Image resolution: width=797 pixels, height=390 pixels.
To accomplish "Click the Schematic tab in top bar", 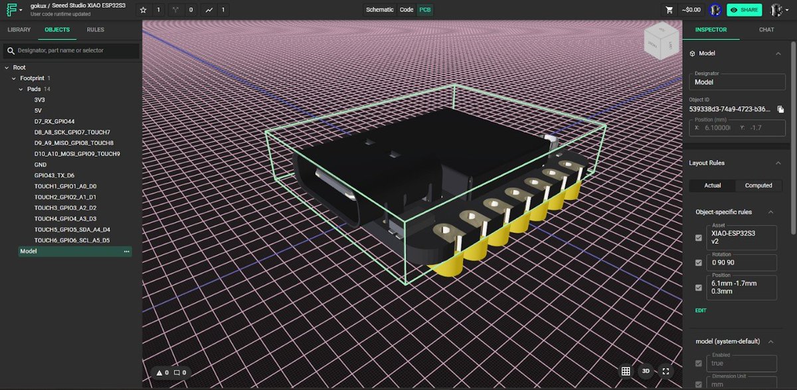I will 379,10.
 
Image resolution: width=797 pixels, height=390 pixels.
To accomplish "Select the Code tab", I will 406,10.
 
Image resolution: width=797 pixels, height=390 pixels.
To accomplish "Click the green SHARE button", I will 744,10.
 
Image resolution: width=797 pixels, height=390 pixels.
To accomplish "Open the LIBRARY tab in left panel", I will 19,30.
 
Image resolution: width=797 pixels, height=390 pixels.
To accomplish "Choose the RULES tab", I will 95,30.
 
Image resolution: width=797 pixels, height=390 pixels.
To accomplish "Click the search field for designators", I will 73,51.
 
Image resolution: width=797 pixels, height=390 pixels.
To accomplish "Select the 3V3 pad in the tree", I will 39,100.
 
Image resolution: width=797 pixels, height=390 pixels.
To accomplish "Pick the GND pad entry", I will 40,165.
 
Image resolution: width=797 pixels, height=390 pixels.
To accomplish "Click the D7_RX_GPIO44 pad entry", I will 54,122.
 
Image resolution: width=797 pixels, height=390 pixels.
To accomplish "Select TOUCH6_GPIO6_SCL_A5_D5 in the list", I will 72,241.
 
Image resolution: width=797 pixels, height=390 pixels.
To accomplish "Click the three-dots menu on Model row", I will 126,252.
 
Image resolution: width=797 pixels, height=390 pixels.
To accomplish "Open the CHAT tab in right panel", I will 766,30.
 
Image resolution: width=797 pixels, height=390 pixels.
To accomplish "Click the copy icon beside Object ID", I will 781,109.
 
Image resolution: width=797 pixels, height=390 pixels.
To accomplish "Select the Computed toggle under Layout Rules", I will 758,185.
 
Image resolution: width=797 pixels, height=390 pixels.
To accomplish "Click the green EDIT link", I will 701,310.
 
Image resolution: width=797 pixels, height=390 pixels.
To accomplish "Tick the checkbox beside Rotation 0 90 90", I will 698,263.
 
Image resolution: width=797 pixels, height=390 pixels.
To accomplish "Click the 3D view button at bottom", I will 645,371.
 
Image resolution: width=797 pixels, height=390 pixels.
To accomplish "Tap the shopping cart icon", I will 669,10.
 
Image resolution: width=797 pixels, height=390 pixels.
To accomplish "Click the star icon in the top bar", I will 143,10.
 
